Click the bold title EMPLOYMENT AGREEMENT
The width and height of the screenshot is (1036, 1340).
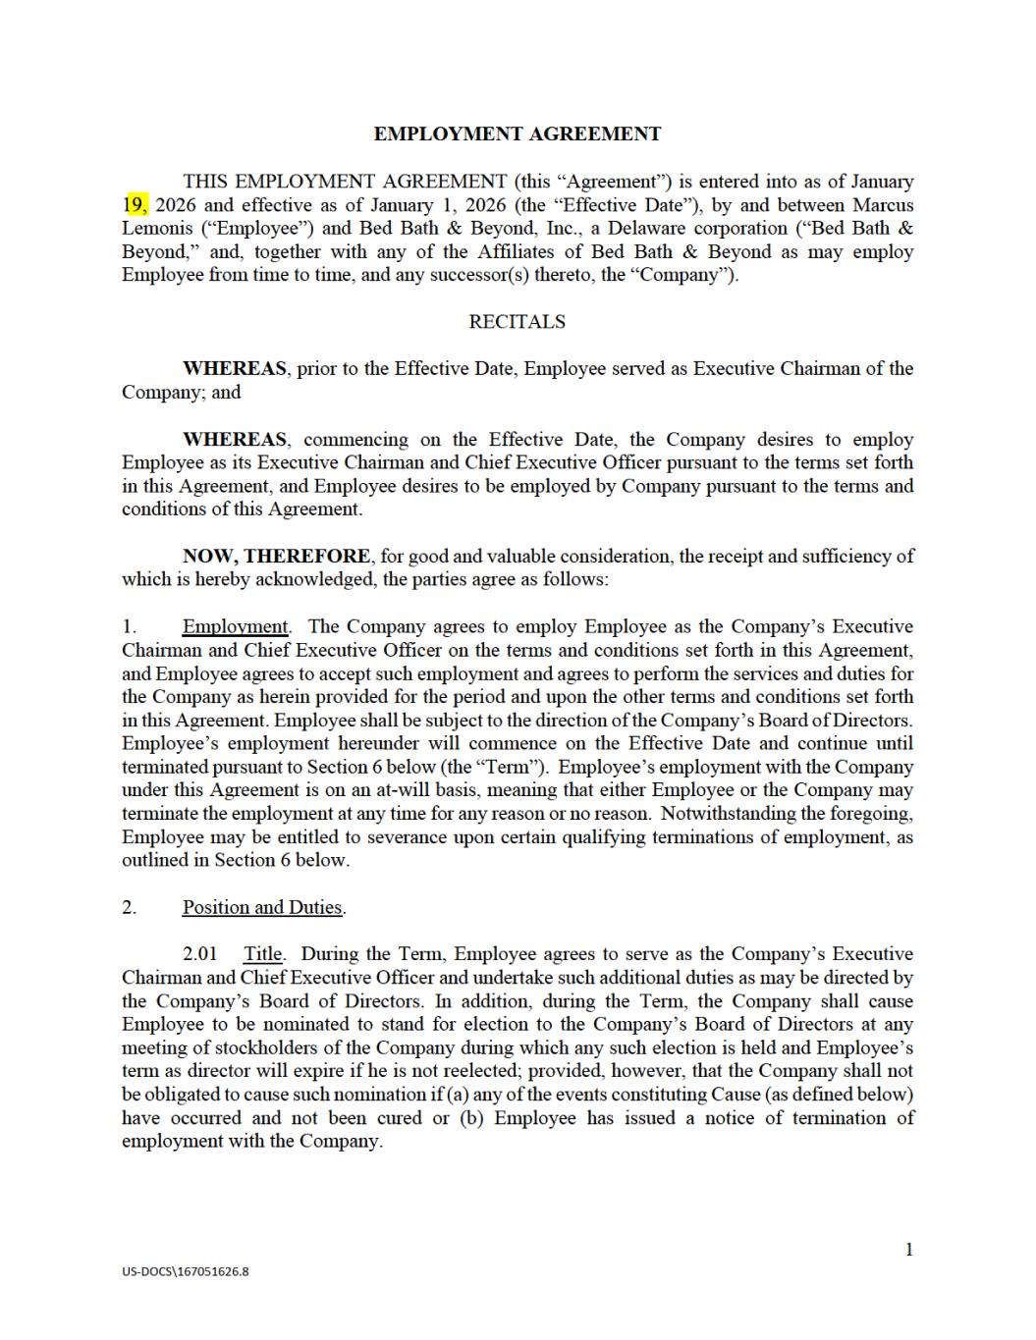pyautogui.click(x=517, y=134)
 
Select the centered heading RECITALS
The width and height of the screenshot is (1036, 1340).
pyautogui.click(x=517, y=322)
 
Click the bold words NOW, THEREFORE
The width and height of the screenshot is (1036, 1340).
pyautogui.click(x=276, y=557)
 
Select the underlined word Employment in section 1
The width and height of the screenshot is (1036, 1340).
pyautogui.click(x=235, y=627)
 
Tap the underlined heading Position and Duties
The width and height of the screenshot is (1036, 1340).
pyautogui.click(x=262, y=908)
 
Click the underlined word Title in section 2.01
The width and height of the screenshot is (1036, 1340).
pyautogui.click(x=262, y=954)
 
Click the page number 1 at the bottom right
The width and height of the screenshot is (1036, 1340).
pyautogui.click(x=908, y=1250)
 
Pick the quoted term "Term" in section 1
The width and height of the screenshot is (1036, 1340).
pyautogui.click(x=511, y=768)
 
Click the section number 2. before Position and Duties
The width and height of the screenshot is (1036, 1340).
pyautogui.click(x=130, y=908)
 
